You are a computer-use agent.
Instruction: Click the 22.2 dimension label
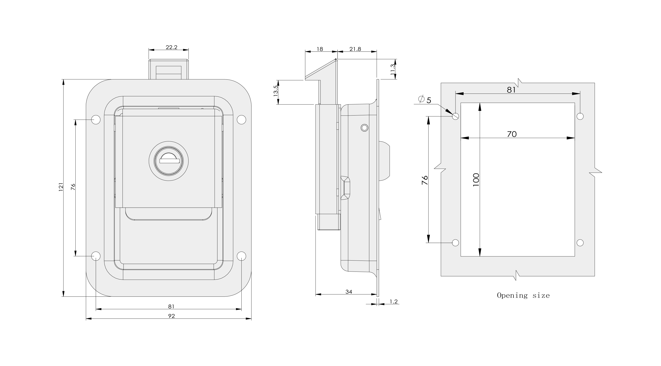[171, 47]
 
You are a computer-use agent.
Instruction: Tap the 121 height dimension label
[61, 187]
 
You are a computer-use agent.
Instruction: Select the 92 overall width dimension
[171, 316]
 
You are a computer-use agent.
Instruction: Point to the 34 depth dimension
[349, 292]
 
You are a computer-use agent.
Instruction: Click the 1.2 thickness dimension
[394, 302]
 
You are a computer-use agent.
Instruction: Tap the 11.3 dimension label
[393, 69]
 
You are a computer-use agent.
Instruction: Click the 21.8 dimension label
[355, 49]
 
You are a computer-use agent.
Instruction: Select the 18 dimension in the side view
[320, 49]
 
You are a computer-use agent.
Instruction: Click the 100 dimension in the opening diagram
[476, 180]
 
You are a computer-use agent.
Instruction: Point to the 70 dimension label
[512, 134]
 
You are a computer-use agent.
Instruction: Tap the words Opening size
[523, 296]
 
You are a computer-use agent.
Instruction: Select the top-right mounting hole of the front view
[241, 120]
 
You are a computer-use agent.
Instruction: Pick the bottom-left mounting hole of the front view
[96, 256]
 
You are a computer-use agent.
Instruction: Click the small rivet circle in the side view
[364, 128]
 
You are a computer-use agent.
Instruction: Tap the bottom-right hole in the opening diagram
[580, 242]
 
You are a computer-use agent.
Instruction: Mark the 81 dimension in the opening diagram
[511, 90]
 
